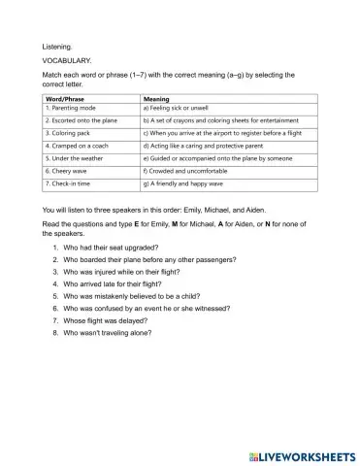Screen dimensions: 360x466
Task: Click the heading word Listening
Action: point(57,46)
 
